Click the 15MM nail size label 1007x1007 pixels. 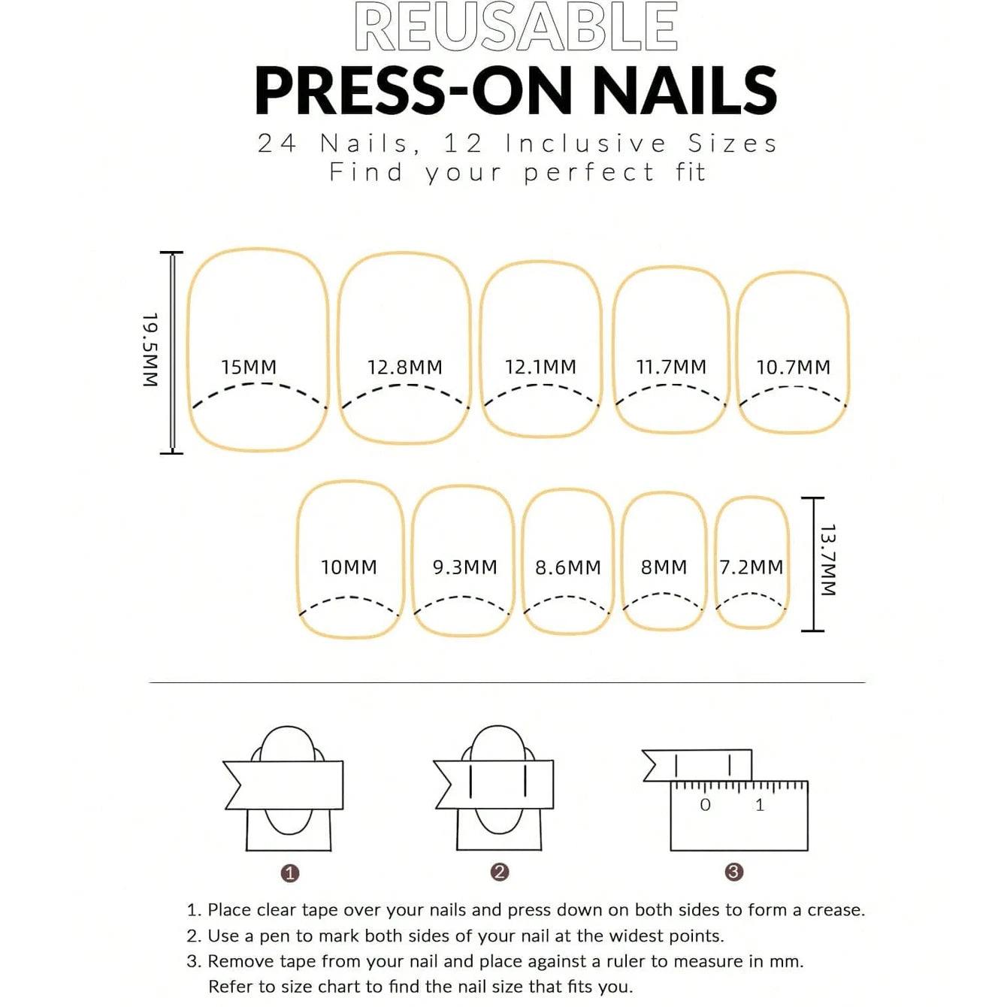[x=249, y=367]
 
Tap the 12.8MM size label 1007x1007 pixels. [x=404, y=367]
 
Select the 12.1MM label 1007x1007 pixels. [x=540, y=367]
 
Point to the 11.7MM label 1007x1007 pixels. [x=671, y=367]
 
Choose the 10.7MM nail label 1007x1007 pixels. [x=794, y=367]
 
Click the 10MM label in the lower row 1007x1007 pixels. [x=349, y=567]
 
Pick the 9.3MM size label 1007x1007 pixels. [x=464, y=567]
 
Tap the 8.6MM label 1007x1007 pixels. [x=568, y=567]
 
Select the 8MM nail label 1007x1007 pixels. [x=664, y=567]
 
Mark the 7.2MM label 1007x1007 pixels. [x=751, y=567]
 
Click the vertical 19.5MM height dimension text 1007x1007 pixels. [x=150, y=349]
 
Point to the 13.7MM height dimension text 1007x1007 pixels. [x=828, y=560]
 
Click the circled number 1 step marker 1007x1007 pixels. [x=290, y=872]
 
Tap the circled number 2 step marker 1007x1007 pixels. [x=500, y=872]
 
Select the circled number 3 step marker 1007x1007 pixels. [x=733, y=872]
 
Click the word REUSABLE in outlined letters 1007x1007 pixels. [x=516, y=26]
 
